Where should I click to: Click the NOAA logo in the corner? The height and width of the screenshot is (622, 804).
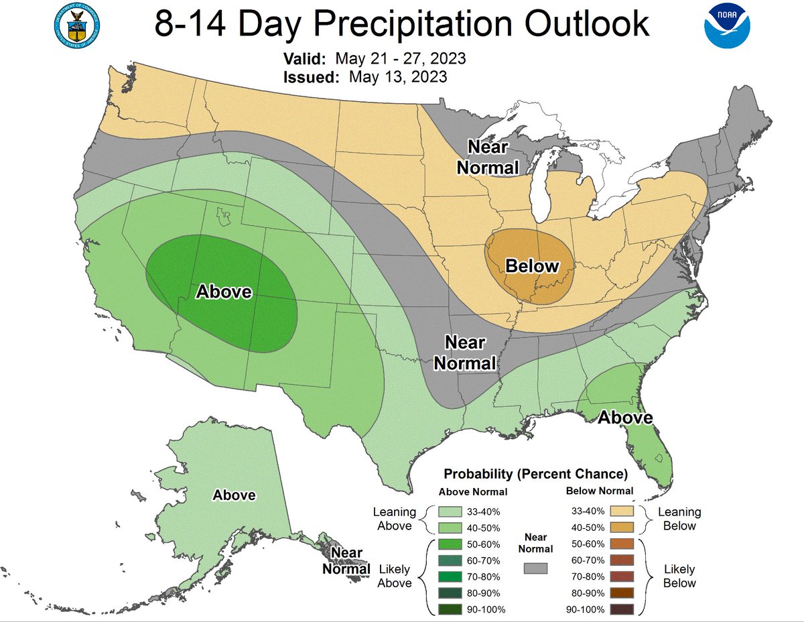click(x=727, y=27)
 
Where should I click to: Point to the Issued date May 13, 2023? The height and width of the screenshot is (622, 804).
click(x=397, y=76)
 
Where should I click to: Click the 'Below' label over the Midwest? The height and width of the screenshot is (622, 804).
click(x=531, y=266)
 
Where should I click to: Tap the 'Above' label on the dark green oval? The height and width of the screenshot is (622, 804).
click(x=224, y=292)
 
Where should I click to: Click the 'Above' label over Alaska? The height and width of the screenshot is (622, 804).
click(x=234, y=495)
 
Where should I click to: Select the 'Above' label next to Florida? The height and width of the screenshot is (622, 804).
click(x=624, y=418)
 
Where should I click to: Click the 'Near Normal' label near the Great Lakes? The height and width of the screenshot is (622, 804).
click(x=488, y=157)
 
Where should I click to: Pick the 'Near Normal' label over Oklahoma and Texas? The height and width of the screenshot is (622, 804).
click(x=465, y=353)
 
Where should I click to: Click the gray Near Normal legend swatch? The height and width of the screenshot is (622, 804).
click(x=535, y=568)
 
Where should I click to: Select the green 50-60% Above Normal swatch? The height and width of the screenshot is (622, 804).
click(x=452, y=544)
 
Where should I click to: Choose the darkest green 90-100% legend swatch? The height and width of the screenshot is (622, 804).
click(x=452, y=609)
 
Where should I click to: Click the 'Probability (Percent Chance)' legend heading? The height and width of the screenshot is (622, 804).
click(x=535, y=474)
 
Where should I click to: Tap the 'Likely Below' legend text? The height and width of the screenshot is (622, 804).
click(x=679, y=576)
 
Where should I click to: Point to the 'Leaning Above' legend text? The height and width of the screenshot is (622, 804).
click(x=394, y=518)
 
